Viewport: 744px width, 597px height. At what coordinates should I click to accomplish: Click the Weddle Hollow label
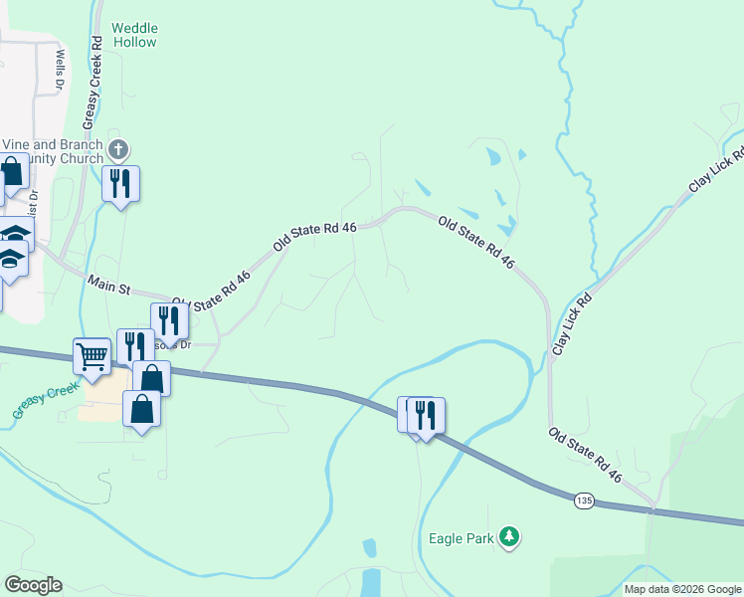click(134, 36)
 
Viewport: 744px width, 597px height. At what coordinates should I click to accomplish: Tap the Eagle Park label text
click(461, 538)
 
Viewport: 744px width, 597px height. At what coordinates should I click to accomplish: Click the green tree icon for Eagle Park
click(509, 537)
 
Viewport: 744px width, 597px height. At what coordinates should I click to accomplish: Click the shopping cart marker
click(92, 355)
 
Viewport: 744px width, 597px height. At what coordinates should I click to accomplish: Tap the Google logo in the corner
click(33, 585)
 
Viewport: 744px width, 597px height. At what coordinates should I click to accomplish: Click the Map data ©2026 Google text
click(682, 589)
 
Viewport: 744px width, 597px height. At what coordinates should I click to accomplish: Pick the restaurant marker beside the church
click(121, 183)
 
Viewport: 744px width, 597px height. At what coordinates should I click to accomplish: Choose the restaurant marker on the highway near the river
click(426, 414)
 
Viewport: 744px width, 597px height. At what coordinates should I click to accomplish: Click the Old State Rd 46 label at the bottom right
click(585, 456)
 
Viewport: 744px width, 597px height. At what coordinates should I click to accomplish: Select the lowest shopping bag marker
click(142, 408)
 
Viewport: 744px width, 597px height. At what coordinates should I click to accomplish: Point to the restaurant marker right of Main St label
click(170, 320)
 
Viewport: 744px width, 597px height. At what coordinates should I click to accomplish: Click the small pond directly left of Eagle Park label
click(370, 547)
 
